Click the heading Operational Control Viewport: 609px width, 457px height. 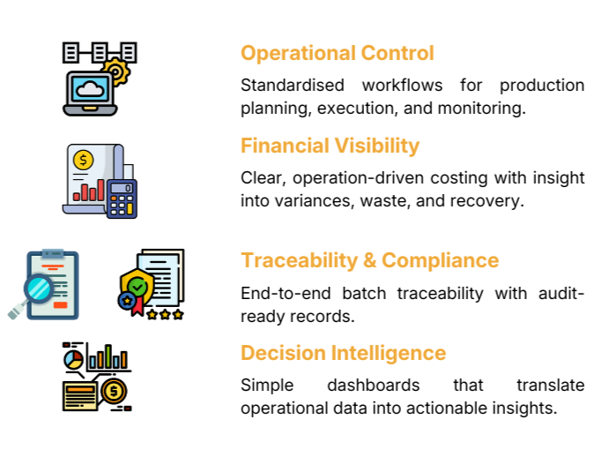click(x=338, y=53)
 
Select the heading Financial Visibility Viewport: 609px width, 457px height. click(x=330, y=146)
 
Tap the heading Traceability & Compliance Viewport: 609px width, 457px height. click(x=369, y=260)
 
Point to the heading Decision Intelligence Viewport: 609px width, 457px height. click(x=343, y=353)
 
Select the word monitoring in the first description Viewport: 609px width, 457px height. click(x=484, y=109)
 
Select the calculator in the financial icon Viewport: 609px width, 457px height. click(x=122, y=198)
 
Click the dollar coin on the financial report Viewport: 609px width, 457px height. click(x=84, y=160)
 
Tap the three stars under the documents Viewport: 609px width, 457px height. click(x=166, y=313)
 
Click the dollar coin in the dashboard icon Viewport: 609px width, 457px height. click(x=112, y=390)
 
